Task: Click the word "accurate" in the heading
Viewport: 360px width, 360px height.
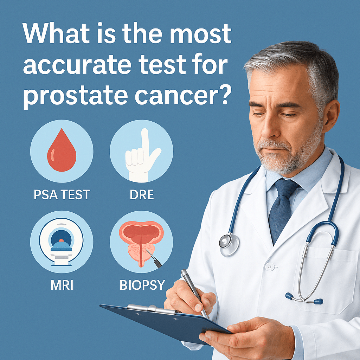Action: [x=77, y=65]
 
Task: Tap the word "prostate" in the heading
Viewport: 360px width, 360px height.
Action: [x=76, y=96]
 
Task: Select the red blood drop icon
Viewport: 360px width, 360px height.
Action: [x=62, y=150]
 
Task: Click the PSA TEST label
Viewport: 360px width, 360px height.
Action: [x=62, y=195]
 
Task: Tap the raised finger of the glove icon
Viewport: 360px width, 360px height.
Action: [x=145, y=140]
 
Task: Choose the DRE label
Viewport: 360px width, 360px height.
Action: [x=142, y=195]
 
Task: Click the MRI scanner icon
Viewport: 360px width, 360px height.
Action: [x=61, y=242]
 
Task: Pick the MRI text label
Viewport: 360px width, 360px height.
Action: [x=62, y=285]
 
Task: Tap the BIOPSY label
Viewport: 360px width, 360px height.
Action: [x=142, y=285]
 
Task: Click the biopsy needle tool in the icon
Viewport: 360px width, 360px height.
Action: [x=154, y=259]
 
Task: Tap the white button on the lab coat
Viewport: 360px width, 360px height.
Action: [x=270, y=267]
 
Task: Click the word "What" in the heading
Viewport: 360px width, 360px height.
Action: [x=56, y=33]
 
